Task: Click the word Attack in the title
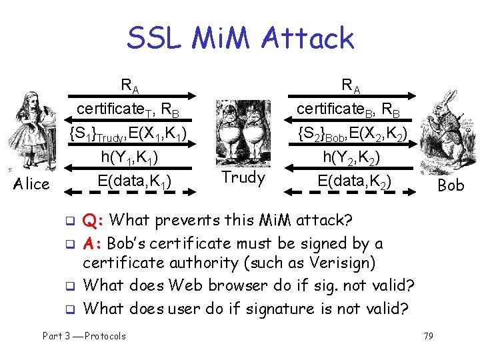pyautogui.click(x=308, y=38)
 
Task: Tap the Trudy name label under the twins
pyautogui.click(x=243, y=177)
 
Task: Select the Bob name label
pyautogui.click(x=451, y=185)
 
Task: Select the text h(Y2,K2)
pyautogui.click(x=351, y=158)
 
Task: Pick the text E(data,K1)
pyautogui.click(x=133, y=181)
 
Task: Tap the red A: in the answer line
pyautogui.click(x=93, y=243)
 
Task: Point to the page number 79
pyautogui.click(x=428, y=336)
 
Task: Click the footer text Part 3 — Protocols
pyautogui.click(x=84, y=336)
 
